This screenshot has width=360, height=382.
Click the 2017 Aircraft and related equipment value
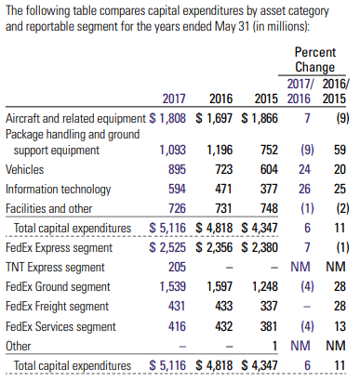[x=167, y=118]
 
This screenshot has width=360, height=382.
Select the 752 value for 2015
[x=269, y=150]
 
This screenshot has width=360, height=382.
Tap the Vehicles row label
[x=24, y=169]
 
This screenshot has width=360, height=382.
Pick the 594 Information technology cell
[x=177, y=189]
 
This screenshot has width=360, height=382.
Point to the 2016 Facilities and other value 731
[x=223, y=208]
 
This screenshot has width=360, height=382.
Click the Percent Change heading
[x=314, y=59]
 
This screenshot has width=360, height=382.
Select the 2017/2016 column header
[x=300, y=91]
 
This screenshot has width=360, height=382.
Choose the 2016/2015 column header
[x=335, y=91]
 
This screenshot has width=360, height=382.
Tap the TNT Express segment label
[x=55, y=267]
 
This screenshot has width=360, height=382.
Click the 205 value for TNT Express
[x=177, y=267]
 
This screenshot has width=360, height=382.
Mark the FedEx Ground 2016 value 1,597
[x=220, y=286]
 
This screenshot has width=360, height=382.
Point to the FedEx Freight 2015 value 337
[x=269, y=306]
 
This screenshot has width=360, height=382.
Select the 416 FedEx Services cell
[x=177, y=326]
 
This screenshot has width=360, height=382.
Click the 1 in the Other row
[x=274, y=346]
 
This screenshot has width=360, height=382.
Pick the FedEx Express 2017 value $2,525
[x=167, y=247]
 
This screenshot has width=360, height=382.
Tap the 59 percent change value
[x=340, y=150]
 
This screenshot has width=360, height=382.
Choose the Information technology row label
[x=58, y=190]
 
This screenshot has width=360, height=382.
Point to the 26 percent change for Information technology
[x=304, y=189]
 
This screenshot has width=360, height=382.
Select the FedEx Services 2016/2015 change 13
[x=340, y=326]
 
